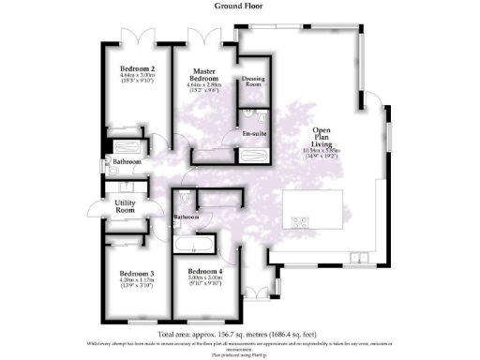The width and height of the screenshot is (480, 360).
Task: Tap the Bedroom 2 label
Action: tap(137, 69)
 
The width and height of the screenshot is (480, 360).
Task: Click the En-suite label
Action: tap(252, 135)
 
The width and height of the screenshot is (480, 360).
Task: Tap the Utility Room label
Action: tap(127, 206)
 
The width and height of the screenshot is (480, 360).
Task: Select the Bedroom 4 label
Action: tap(204, 272)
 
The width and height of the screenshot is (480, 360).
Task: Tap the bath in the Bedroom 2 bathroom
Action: tap(126, 148)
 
